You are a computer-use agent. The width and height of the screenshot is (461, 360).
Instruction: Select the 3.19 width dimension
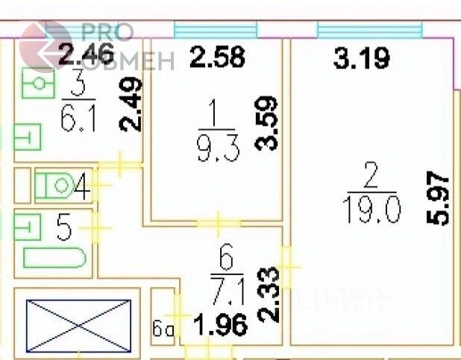pos(361,58)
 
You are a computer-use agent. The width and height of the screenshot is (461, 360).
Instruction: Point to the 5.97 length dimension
pos(441,199)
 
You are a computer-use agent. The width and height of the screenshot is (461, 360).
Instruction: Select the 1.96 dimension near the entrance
pos(219,326)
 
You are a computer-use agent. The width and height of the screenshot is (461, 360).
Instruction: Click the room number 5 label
pos(64,228)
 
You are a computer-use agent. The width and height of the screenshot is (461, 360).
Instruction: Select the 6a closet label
pos(163,328)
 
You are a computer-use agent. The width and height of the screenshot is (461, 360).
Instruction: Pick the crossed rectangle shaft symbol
pos(78,324)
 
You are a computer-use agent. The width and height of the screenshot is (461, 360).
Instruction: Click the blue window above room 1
pos(215,30)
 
